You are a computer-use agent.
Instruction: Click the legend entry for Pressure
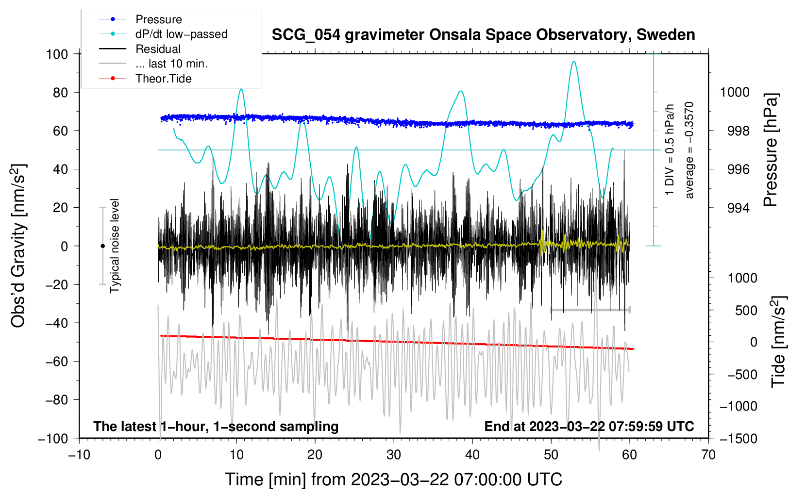point(158,19)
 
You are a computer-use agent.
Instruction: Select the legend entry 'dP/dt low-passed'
point(181,34)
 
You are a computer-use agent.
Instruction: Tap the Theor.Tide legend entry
point(163,79)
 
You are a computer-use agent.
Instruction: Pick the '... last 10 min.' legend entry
point(171,64)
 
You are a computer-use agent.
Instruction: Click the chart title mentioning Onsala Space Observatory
point(483,35)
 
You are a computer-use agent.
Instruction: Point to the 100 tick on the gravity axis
point(57,54)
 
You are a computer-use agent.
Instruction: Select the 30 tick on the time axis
point(394,455)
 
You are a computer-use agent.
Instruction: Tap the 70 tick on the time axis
point(708,455)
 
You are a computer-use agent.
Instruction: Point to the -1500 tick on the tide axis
point(739,438)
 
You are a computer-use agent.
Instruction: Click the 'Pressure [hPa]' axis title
point(771,150)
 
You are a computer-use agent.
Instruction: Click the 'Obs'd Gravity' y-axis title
point(18,246)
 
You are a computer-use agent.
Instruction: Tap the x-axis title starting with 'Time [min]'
point(394,479)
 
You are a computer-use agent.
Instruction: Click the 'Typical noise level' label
point(115,246)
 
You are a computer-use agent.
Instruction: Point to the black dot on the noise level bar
point(102,246)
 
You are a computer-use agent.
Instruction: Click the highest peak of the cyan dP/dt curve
point(574,62)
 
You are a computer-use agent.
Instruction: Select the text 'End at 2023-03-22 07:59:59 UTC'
point(589,426)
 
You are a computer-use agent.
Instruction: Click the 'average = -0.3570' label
point(689,150)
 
